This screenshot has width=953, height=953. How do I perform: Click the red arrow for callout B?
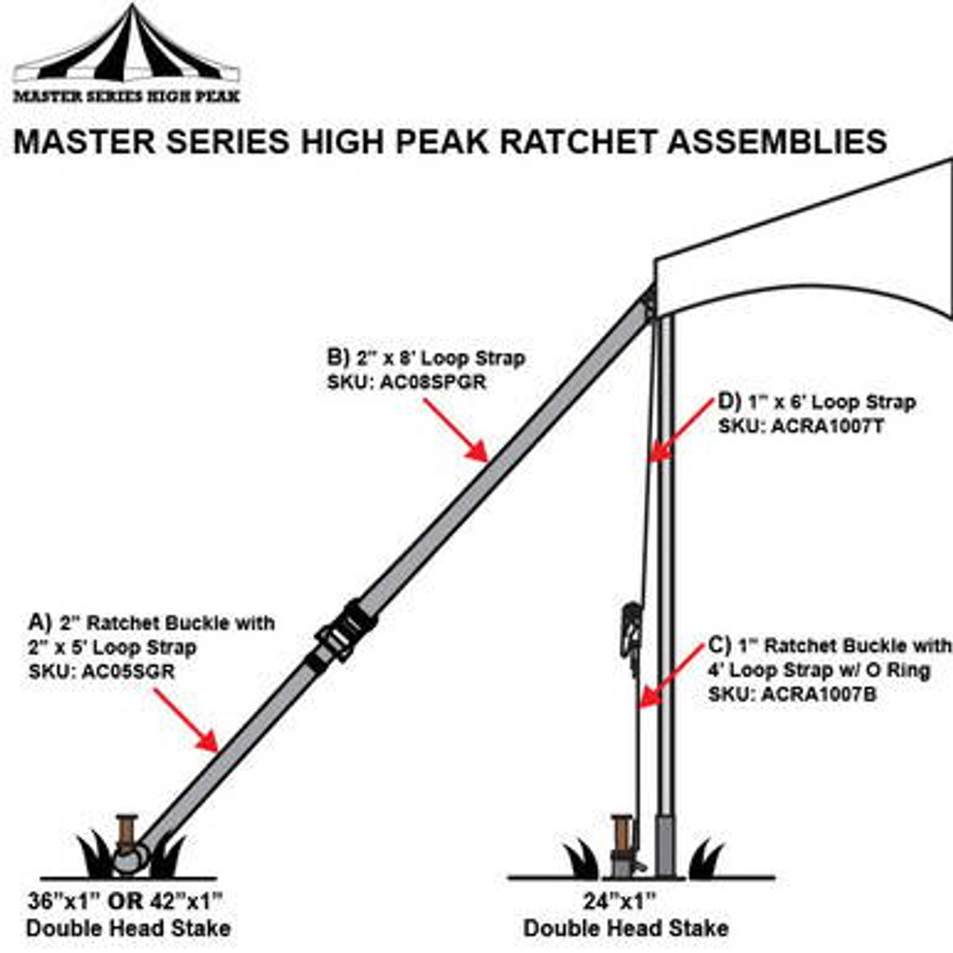tap(456, 430)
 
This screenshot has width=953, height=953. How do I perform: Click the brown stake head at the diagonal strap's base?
tap(127, 832)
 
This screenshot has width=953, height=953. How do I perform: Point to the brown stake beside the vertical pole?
tap(622, 838)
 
